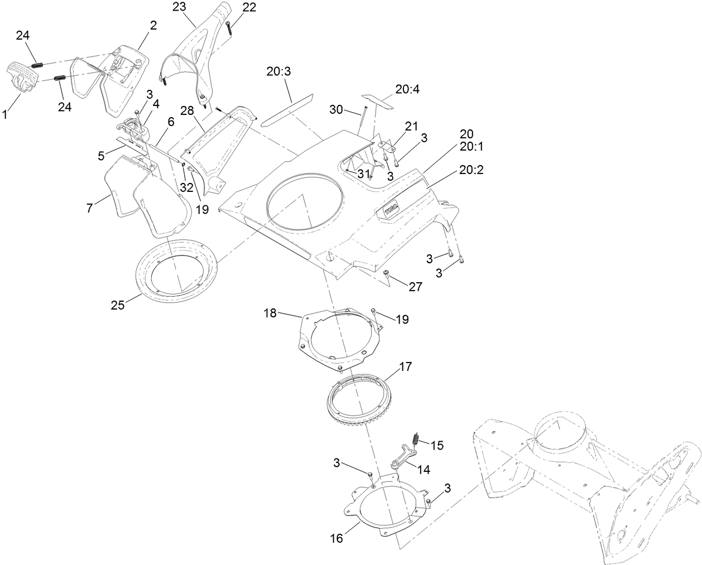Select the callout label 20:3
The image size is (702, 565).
[x=279, y=72]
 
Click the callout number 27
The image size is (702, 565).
[x=415, y=287]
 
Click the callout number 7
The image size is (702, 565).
[x=89, y=208]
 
